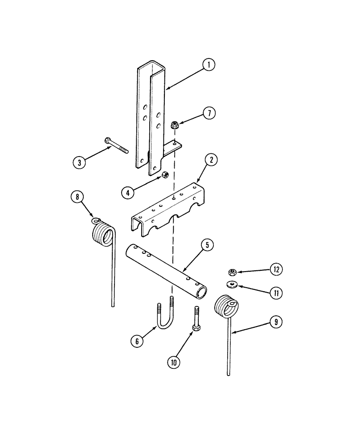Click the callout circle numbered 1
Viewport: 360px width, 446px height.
208,65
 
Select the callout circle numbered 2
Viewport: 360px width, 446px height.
211,160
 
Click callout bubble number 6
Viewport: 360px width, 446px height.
137,341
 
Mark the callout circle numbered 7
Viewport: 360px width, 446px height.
209,113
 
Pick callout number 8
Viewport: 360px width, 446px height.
77,197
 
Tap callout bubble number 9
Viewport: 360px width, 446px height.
276,322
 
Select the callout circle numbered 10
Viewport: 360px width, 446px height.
174,362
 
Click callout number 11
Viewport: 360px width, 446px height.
276,293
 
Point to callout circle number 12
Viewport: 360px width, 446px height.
276,269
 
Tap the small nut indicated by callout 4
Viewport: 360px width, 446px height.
164,174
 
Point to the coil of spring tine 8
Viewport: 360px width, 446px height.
103,234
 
